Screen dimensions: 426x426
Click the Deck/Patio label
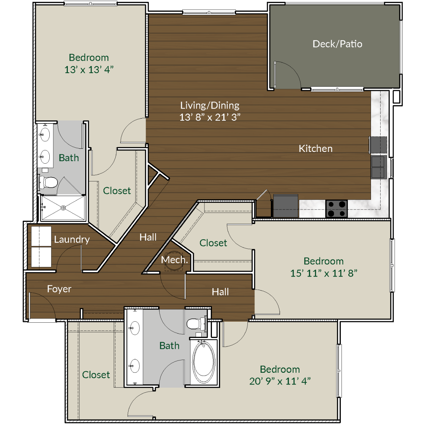pyautogui.click(x=337, y=44)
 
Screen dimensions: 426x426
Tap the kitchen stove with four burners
pyautogui.click(x=337, y=208)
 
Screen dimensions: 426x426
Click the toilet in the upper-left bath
pyautogui.click(x=48, y=182)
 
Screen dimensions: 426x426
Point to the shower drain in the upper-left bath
pyautogui.click(x=63, y=208)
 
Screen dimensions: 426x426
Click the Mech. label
pyautogui.click(x=174, y=260)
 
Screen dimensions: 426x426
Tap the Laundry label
pyautogui.click(x=72, y=239)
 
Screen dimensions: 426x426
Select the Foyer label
pyautogui.click(x=59, y=289)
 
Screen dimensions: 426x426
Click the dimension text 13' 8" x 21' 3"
pyautogui.click(x=210, y=117)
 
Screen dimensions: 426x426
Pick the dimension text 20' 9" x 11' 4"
pyautogui.click(x=280, y=381)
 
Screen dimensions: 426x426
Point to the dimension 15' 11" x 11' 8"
pyautogui.click(x=323, y=273)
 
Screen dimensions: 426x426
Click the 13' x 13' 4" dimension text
pyautogui.click(x=89, y=70)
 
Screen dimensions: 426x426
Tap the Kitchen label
pyautogui.click(x=316, y=148)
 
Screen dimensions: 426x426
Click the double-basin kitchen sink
pyautogui.click(x=378, y=167)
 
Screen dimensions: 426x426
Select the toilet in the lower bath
pyautogui.click(x=195, y=324)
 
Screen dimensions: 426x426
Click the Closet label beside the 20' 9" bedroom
pyautogui.click(x=96, y=375)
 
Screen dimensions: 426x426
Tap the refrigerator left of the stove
pyautogui.click(x=285, y=206)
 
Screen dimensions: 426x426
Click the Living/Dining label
pyautogui.click(x=210, y=105)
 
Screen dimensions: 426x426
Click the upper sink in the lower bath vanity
pyautogui.click(x=135, y=328)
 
